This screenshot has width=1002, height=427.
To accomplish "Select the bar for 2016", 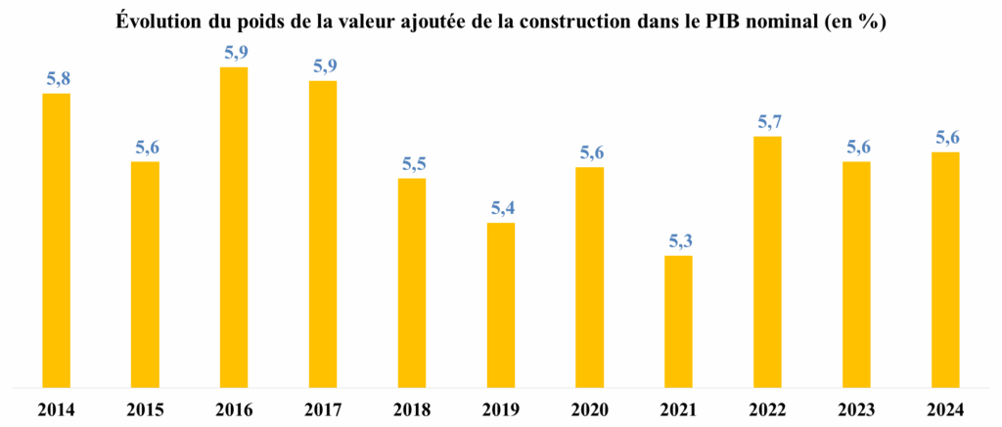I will tap(234, 227).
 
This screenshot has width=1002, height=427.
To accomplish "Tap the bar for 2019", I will tap(500, 305).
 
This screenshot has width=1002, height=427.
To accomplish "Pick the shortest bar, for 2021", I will tap(678, 321).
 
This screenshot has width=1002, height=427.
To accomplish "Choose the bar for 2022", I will tap(767, 262).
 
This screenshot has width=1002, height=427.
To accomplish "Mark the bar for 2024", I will tap(945, 270).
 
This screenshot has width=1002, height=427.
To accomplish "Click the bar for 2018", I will tap(412, 282).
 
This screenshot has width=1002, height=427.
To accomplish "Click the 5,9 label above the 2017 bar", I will tap(323, 66).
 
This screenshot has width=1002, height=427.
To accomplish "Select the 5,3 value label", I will tap(678, 241).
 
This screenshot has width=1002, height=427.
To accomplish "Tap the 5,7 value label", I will tap(767, 122).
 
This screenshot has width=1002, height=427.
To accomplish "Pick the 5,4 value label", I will tap(500, 208).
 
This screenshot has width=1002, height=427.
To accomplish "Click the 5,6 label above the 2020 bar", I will tap(589, 152).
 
